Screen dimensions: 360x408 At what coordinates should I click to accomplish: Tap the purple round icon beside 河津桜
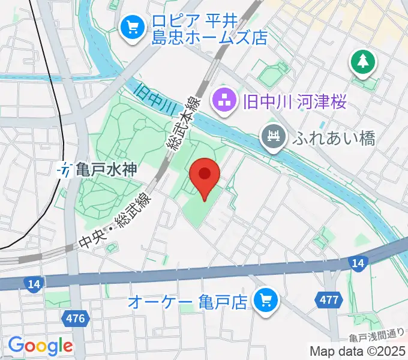(x=225, y=101)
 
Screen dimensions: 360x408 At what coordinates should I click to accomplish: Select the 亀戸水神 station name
(x=106, y=170)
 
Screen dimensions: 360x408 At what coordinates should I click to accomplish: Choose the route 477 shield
(x=328, y=299)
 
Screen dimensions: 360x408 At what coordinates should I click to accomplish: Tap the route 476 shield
(x=76, y=317)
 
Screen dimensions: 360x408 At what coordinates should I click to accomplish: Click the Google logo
(x=40, y=346)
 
